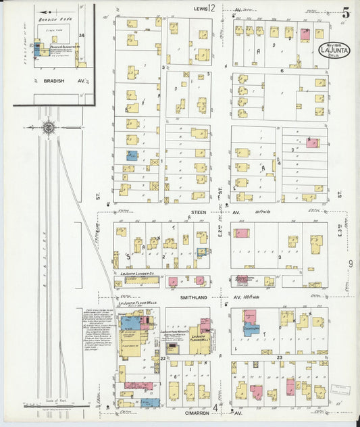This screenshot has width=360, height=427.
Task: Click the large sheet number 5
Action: [345, 11]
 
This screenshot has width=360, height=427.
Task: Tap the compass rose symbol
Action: [49, 126]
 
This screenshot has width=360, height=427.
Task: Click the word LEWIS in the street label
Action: [200, 9]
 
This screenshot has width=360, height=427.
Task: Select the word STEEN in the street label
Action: [199, 211]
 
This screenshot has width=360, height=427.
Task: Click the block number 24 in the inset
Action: [81, 35]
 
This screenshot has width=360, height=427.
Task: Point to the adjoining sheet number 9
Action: [351, 262]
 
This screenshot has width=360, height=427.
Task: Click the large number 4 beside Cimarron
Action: [215, 407]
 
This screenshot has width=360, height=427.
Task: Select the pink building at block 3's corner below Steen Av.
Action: [241, 233]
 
